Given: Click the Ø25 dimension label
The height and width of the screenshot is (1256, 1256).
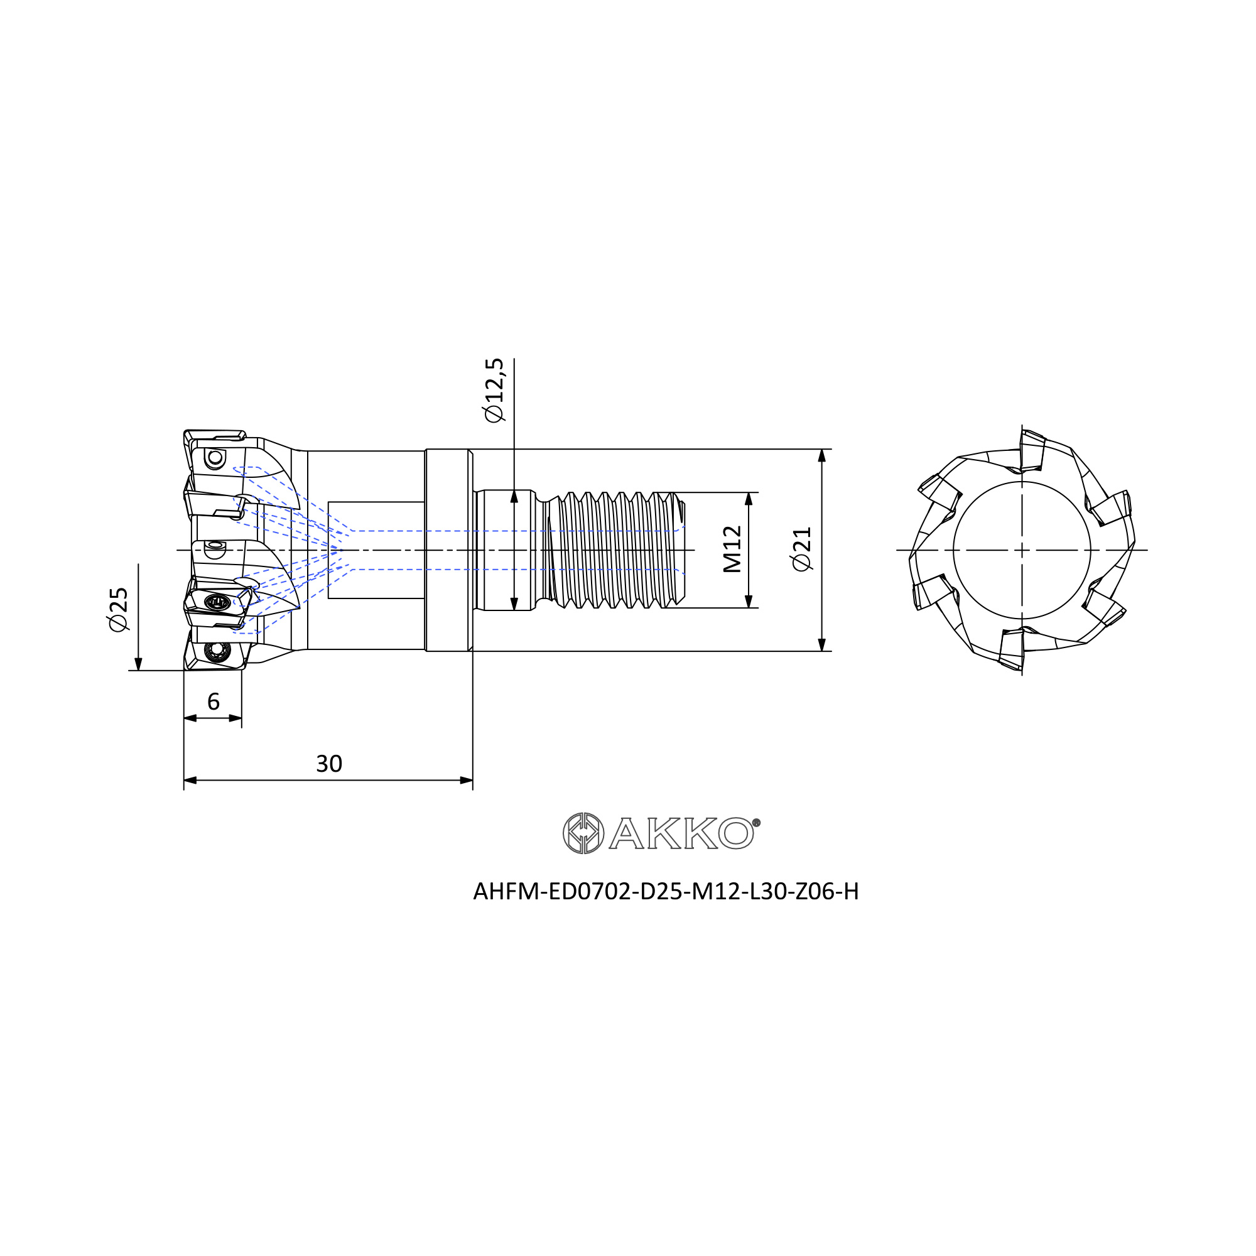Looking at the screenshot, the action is (119, 609).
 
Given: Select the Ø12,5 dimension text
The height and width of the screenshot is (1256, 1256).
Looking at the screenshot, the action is (494, 391).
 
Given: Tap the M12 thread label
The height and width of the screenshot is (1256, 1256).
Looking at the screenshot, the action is (733, 549).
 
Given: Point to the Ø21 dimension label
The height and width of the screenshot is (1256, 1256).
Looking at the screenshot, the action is (802, 549).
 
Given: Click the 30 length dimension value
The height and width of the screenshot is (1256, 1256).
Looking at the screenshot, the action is (329, 764).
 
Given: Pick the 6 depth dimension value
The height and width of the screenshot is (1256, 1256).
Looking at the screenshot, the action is (214, 701).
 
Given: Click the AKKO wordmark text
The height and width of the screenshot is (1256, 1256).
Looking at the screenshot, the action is (681, 833).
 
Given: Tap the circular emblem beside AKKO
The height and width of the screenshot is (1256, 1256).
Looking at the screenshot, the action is (583, 833).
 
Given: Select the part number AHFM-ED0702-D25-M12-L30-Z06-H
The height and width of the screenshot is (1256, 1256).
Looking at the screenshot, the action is (666, 891).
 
